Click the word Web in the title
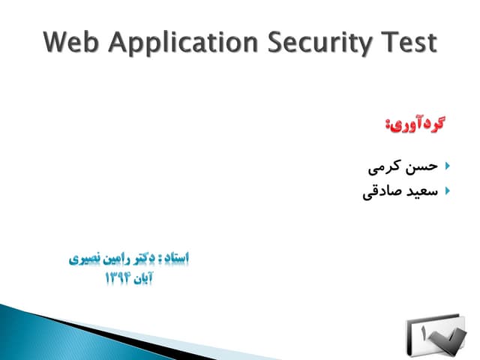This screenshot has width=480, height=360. [x=70, y=43]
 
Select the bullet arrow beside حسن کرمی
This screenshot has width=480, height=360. [x=447, y=164]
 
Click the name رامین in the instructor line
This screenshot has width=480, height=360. [x=108, y=259]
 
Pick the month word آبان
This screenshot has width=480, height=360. [x=148, y=279]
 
